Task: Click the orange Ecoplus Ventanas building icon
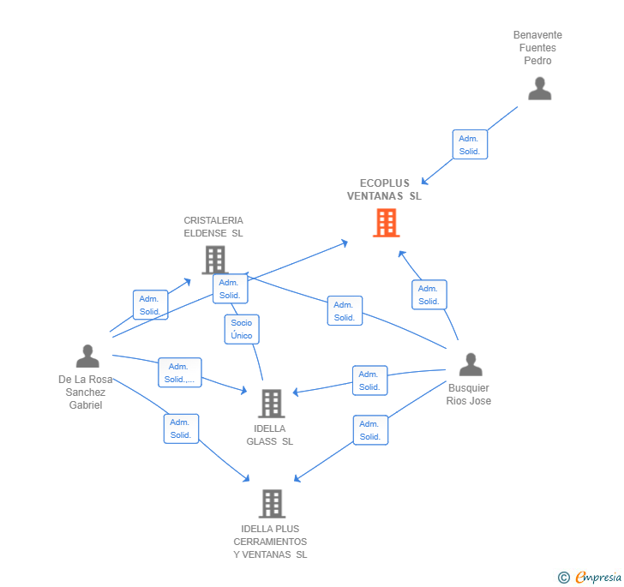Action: (x=386, y=223)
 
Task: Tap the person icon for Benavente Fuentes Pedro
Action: (x=539, y=88)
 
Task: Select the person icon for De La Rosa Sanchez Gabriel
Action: (x=87, y=356)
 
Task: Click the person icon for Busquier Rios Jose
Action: (x=471, y=364)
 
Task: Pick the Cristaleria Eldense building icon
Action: (x=214, y=259)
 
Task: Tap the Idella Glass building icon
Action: (x=271, y=403)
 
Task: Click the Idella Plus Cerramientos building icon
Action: (x=271, y=503)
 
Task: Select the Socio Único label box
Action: (x=242, y=329)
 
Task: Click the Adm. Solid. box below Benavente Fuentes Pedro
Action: (x=470, y=145)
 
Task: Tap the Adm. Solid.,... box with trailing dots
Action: (x=180, y=373)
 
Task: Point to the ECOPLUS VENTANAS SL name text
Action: (x=385, y=189)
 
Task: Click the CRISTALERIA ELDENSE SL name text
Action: (x=213, y=226)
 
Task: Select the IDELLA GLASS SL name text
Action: (x=270, y=435)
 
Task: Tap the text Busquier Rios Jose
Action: (x=469, y=395)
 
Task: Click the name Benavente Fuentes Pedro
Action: (x=537, y=48)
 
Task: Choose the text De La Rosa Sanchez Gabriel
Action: (x=86, y=392)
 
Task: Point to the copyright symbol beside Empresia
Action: (x=564, y=578)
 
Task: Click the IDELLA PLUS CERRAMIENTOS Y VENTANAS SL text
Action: (x=270, y=542)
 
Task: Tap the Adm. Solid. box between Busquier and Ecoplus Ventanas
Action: (x=429, y=295)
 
